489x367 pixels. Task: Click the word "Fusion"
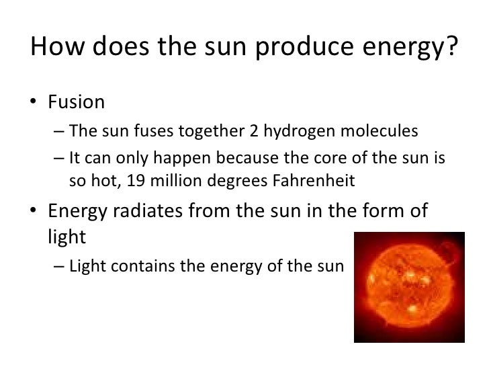(76, 103)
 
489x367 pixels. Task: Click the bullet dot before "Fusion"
(35, 104)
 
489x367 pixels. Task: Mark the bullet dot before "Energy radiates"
(35, 212)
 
